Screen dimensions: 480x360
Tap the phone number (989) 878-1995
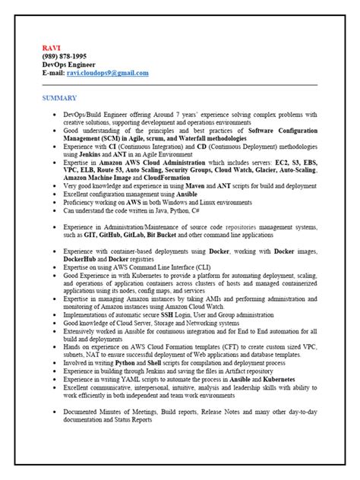click(x=62, y=56)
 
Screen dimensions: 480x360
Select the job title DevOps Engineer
click(x=65, y=65)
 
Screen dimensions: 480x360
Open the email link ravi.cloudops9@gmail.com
click(x=107, y=73)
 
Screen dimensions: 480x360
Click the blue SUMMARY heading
click(x=59, y=99)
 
